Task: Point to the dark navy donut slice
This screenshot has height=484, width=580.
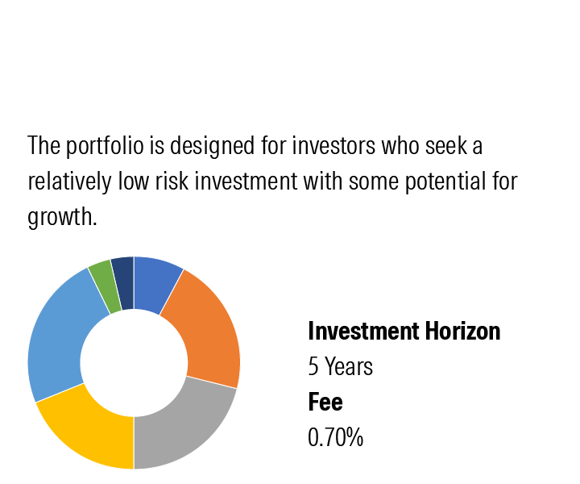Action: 123,282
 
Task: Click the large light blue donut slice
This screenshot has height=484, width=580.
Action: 59,333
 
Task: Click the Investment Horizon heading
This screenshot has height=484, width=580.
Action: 404,331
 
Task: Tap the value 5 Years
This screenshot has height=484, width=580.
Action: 340,366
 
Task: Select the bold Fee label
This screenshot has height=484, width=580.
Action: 325,402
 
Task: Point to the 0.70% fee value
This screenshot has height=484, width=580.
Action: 335,437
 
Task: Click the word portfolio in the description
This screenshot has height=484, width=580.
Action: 105,146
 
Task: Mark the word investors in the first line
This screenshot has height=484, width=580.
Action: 333,145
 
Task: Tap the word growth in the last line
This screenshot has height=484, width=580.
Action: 62,217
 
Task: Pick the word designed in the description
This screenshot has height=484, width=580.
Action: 213,146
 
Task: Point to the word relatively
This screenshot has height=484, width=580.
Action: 69,181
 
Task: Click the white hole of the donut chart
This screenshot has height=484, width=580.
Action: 134,363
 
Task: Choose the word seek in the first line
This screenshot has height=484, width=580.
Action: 446,145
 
